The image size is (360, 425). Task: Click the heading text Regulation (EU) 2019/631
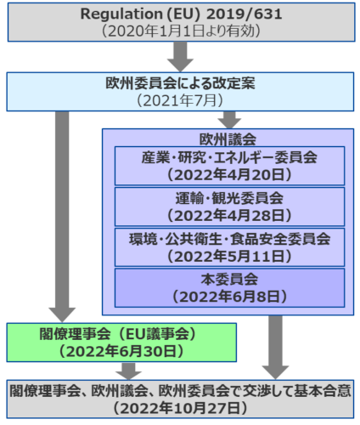pos(181,14)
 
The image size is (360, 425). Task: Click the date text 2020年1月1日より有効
pos(181,31)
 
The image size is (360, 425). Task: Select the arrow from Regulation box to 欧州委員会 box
pos(180,57)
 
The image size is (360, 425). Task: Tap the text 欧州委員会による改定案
pos(180,83)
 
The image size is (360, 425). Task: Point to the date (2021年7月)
pos(180,100)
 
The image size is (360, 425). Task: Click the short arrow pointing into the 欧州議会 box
pos(229,120)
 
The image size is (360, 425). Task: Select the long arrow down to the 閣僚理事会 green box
pos(62,217)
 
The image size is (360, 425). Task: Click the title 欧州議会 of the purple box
pos(228,139)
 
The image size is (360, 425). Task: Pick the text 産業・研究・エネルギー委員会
pos(229,157)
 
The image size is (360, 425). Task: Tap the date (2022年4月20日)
pos(229,174)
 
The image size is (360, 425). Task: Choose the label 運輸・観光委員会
pos(229,198)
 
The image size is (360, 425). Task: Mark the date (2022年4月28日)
pos(229,215)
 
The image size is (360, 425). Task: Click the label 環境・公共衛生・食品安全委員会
pos(229,239)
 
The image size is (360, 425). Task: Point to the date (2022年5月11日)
pos(229,256)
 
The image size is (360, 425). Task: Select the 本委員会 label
pos(229,280)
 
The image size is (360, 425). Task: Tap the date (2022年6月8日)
pos(229,297)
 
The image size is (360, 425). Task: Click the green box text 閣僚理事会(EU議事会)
pos(118,334)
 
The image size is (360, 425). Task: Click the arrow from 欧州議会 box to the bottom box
pos(275,348)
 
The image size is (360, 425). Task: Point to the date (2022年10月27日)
pos(180,408)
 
